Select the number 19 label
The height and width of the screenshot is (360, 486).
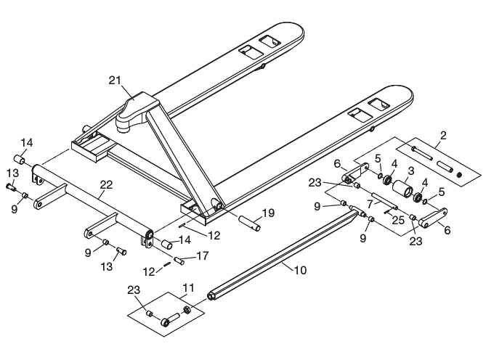[x=267, y=213]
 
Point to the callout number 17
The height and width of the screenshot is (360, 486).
[x=202, y=255]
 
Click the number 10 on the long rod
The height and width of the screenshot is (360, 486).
[x=300, y=269]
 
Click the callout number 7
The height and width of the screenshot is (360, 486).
[x=370, y=205]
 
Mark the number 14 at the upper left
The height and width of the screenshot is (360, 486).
[x=26, y=142]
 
